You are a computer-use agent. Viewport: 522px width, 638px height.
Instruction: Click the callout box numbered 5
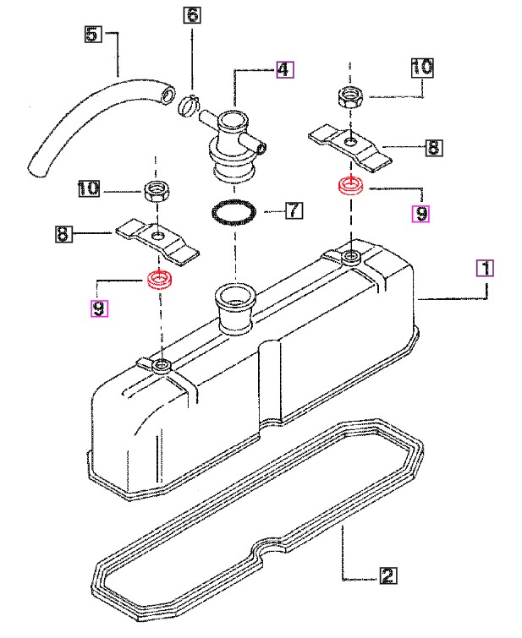pos(93,34)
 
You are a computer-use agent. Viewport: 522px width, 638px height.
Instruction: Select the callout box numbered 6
pos(192,14)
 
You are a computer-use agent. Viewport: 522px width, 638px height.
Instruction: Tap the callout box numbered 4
pos(285,69)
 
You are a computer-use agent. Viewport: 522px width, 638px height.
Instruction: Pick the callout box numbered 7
pos(294,210)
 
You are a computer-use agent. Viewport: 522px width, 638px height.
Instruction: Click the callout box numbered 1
pos(486,268)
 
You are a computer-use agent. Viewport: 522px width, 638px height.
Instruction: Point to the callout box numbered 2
pos(388,575)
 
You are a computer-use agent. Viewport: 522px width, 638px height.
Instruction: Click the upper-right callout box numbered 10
pos(422,67)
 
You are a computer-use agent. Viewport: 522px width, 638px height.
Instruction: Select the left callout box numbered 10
pos(89,188)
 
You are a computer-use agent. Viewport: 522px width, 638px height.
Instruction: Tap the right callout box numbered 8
pos(434,147)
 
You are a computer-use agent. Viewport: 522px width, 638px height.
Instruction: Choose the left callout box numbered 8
pos(63,234)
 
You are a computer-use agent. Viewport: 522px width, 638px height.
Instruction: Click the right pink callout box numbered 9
pos(421,214)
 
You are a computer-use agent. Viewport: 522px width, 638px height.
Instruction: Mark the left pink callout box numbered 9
pos(99,308)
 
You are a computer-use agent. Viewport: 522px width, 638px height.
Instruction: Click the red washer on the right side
pos(351,185)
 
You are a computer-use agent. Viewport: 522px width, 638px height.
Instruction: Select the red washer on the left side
pos(160,279)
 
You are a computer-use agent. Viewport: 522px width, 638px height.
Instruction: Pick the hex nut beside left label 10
pos(157,191)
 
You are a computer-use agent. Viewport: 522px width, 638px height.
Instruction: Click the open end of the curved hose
pos(168,95)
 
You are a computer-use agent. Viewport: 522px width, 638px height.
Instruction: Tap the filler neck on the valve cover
pos(234,308)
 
